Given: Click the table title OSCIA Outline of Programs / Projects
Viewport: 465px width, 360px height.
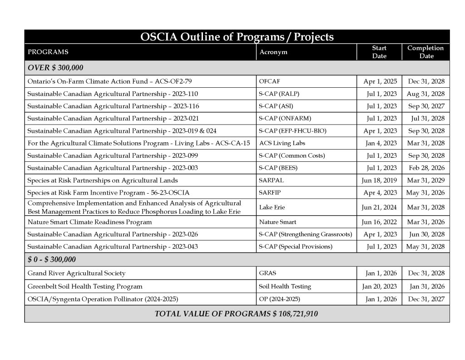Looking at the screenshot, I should pyautogui.click(x=237, y=37).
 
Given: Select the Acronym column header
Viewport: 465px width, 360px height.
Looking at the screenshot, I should pyautogui.click(x=273, y=52).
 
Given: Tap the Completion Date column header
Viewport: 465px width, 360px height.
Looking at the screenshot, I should pyautogui.click(x=425, y=52).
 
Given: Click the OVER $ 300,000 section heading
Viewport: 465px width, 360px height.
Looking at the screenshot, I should pyautogui.click(x=55, y=68).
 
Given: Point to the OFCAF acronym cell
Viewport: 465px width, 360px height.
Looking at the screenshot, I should pyautogui.click(x=269, y=82).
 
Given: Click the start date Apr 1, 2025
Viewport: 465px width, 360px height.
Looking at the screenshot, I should pyautogui.click(x=380, y=82).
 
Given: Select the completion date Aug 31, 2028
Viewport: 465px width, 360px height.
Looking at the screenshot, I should pyautogui.click(x=425, y=94).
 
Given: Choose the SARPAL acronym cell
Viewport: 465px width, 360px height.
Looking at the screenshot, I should pyautogui.click(x=271, y=180).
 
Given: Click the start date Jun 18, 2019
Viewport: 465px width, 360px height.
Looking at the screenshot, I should pyautogui.click(x=379, y=180).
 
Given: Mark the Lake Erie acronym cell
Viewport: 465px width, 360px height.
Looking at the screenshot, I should pyautogui.click(x=272, y=207).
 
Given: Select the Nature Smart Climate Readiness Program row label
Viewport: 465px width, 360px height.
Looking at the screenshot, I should pyautogui.click(x=89, y=222).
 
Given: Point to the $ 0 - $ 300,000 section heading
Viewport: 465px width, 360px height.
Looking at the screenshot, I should pyautogui.click(x=52, y=260).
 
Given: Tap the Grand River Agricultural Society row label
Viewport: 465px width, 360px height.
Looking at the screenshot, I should pyautogui.click(x=76, y=274).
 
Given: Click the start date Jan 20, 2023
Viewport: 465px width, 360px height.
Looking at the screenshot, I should pyautogui.click(x=379, y=286).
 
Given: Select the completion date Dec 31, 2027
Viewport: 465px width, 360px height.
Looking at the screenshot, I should pyautogui.click(x=425, y=299).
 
